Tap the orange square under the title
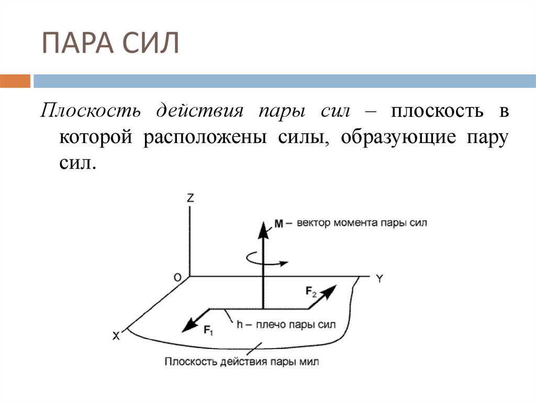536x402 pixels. click(x=15, y=81)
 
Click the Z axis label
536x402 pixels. click(x=191, y=198)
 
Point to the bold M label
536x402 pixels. click(x=278, y=224)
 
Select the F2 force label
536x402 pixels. click(x=311, y=292)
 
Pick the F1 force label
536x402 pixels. click(x=208, y=330)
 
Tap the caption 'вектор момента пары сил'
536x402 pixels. click(x=362, y=223)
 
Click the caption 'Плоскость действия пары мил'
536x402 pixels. click(x=241, y=362)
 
